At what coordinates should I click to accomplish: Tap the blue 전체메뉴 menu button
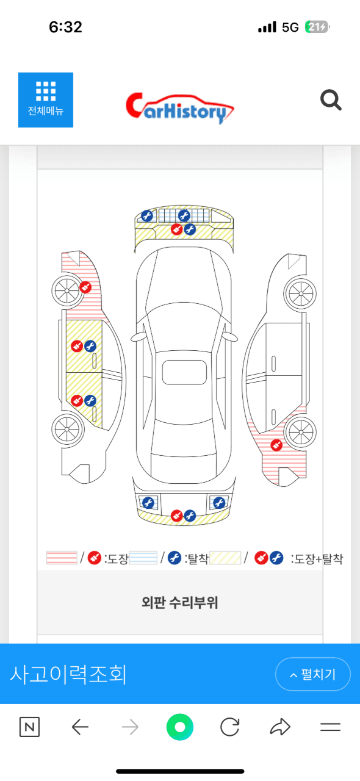[x=46, y=100]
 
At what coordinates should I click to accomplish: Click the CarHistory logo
[x=180, y=108]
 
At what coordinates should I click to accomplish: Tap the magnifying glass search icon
[x=331, y=100]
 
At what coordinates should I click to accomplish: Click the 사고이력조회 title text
[x=68, y=674]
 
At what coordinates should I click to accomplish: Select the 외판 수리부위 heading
[x=180, y=603]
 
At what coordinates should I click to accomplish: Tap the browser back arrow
[x=80, y=727]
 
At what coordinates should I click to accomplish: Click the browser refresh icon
[x=229, y=727]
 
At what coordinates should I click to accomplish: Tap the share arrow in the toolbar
[x=279, y=727]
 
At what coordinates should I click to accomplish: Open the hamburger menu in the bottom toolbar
[x=330, y=727]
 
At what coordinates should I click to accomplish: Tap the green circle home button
[x=180, y=727]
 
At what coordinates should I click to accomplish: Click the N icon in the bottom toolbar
[x=29, y=727]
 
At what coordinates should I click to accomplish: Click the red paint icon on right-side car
[x=276, y=445]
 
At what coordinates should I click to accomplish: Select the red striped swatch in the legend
[x=62, y=558]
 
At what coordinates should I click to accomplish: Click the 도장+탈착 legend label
[x=317, y=558]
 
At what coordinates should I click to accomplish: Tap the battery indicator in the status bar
[x=317, y=27]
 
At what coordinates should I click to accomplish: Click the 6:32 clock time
[x=65, y=27]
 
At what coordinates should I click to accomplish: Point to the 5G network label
[x=290, y=27]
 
